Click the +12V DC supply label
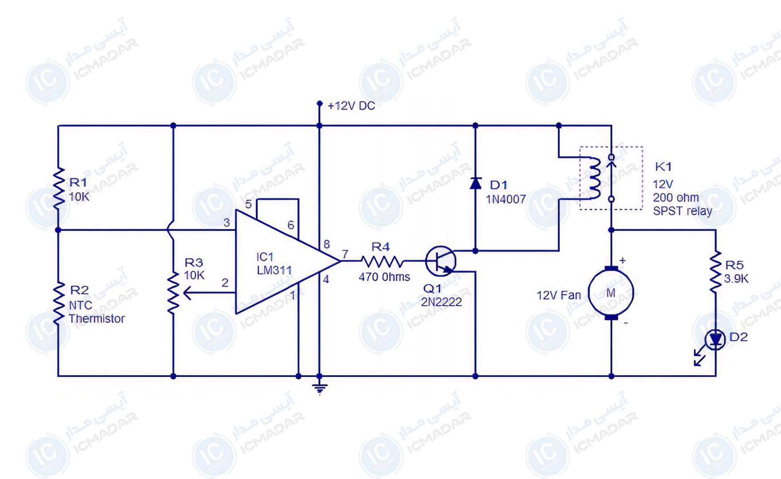point(351,106)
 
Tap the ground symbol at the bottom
point(320,388)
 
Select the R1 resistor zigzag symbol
point(59,188)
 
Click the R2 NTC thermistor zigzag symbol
point(59,303)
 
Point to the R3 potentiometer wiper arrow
point(209,293)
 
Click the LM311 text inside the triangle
point(274,270)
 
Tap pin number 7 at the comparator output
point(345,254)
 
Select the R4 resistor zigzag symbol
point(382,261)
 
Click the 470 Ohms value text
point(384,277)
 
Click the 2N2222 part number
point(441,302)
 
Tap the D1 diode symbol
point(476,183)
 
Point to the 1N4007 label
point(506,200)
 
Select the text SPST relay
point(683,211)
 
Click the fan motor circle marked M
point(611,293)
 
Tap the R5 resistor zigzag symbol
point(715,272)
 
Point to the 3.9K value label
point(736,279)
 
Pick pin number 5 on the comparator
point(248,204)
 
